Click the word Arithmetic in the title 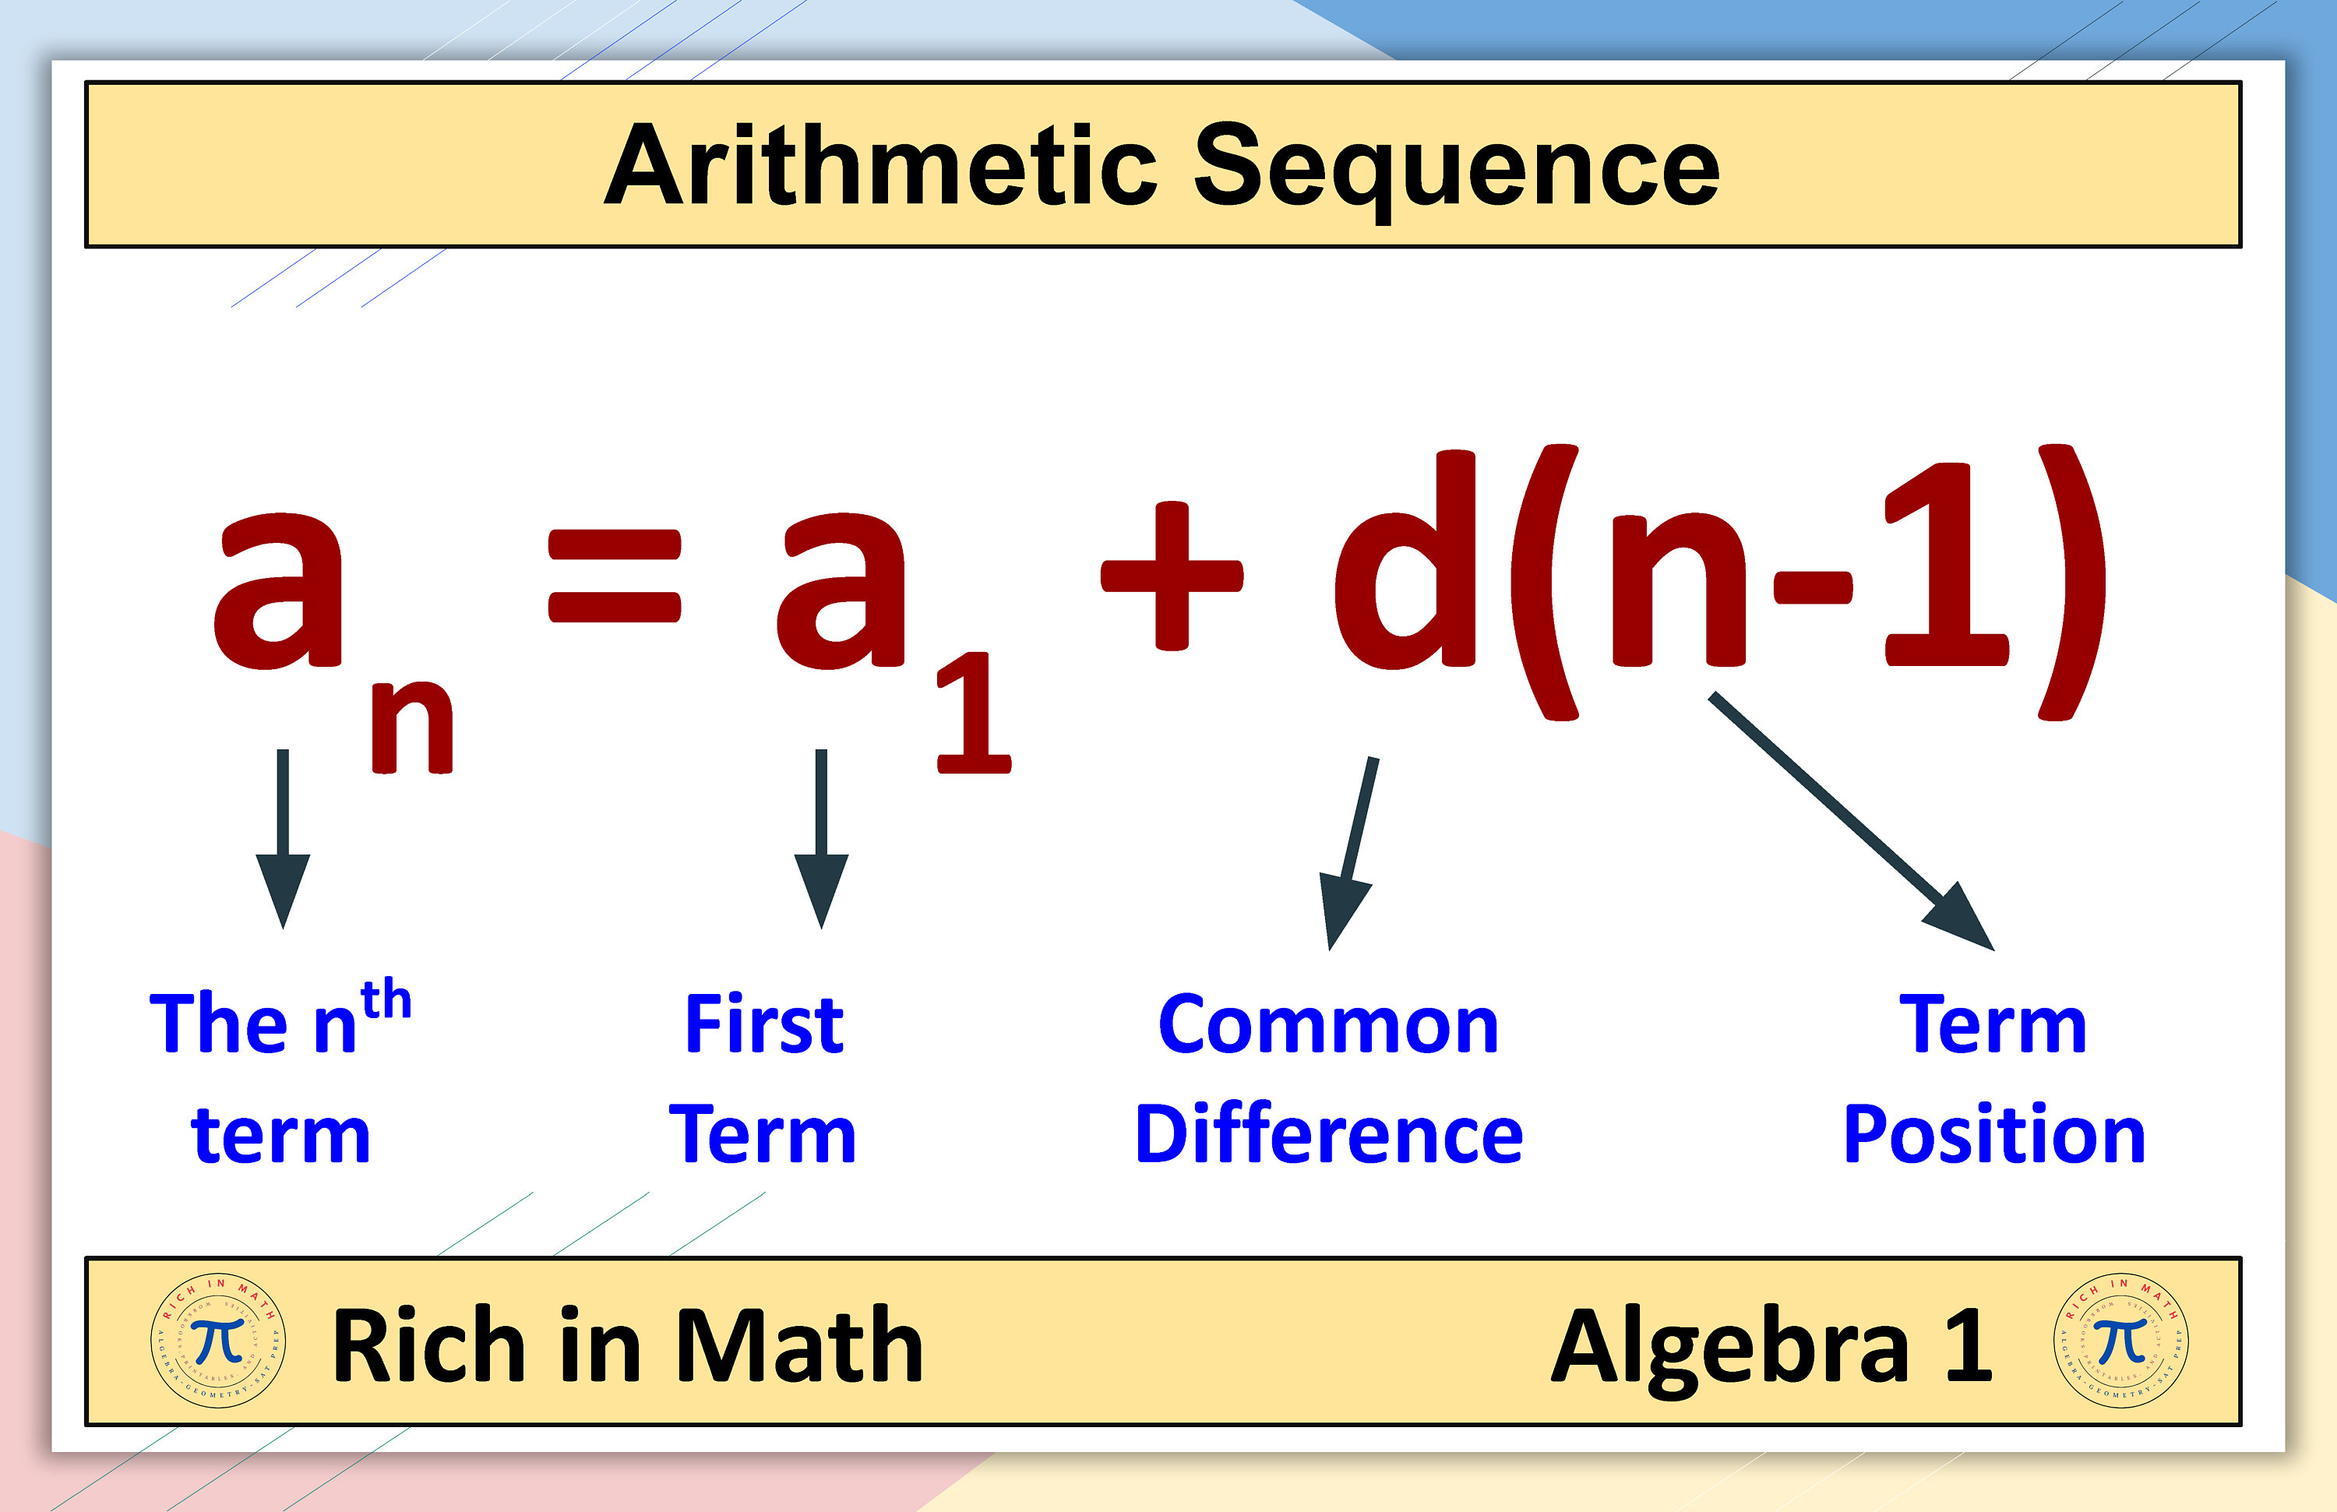(879, 167)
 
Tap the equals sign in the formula (614, 576)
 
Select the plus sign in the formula (1172, 576)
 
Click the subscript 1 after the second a (972, 715)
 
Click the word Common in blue (1327, 1025)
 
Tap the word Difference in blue (1327, 1135)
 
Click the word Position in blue (1993, 1135)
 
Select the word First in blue (764, 1025)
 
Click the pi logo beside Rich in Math (218, 1341)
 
